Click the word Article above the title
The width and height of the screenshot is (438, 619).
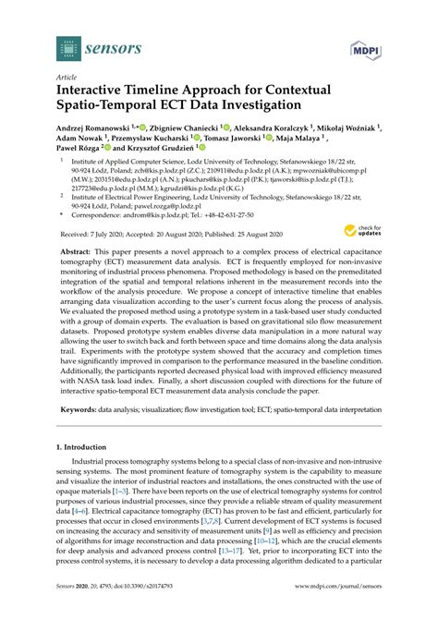click(67, 78)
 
